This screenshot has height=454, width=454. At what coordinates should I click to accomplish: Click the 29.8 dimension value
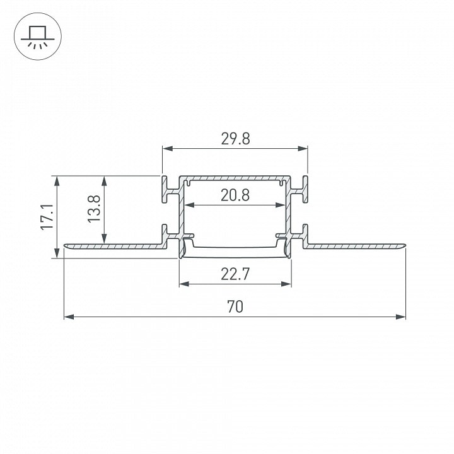click(x=235, y=139)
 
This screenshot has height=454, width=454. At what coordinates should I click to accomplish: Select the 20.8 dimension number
click(x=235, y=195)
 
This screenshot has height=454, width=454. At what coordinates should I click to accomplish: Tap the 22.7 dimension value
click(x=235, y=274)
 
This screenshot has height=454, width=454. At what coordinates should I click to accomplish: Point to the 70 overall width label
click(x=235, y=307)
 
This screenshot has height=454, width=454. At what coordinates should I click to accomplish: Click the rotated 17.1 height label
click(x=47, y=217)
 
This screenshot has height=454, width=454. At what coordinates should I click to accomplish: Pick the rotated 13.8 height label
click(x=94, y=209)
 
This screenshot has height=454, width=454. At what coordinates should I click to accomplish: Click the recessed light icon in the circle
click(x=38, y=37)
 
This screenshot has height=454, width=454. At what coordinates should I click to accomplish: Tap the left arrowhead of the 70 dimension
click(x=69, y=317)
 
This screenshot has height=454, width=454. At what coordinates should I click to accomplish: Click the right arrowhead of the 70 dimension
click(x=401, y=317)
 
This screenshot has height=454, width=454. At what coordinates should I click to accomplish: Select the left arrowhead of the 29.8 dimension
click(x=168, y=149)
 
